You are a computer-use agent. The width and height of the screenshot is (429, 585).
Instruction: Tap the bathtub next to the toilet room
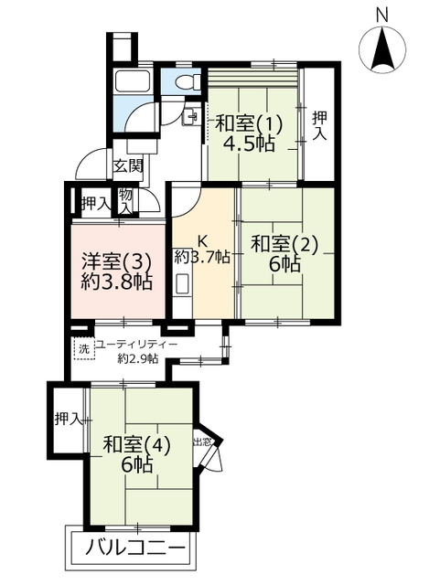coord(133,81)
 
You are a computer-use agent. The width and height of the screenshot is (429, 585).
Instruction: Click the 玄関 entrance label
coord(128,166)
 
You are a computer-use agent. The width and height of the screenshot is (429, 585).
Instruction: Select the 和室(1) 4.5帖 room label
coord(249,133)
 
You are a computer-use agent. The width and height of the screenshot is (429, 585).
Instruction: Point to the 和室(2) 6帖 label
coord(284,254)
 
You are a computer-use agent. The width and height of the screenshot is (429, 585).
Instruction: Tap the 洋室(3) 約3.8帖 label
coord(117,271)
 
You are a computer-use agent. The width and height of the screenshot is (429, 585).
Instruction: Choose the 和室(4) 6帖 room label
coord(137,454)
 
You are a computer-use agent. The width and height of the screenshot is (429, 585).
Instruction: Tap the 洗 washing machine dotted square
coord(84,349)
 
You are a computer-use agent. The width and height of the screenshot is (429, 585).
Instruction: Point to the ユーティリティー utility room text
coord(136,345)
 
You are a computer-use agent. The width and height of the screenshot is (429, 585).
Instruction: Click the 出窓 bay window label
coord(202,442)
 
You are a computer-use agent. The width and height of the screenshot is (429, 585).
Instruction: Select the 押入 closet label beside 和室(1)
coord(319,126)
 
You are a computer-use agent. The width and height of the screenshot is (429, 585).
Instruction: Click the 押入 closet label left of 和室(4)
coord(68,419)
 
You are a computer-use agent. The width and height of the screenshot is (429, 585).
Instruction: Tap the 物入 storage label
coord(125,201)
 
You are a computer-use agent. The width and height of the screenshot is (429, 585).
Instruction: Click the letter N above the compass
coord(381,16)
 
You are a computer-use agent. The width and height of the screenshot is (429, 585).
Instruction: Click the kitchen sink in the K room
coord(183,284)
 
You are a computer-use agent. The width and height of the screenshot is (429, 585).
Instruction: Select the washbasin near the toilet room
coord(190,116)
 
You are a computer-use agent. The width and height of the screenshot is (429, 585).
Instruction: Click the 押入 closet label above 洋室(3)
coord(96,204)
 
